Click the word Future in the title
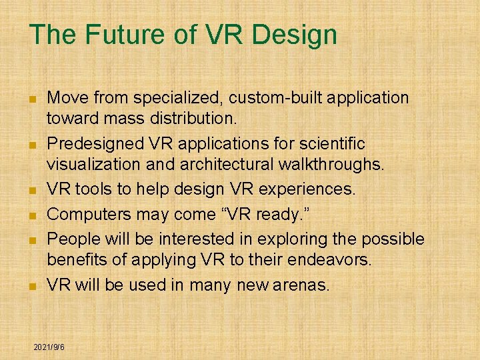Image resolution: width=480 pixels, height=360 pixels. (114, 35)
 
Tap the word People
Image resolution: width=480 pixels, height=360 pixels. (73, 239)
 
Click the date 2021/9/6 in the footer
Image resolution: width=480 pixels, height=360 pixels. (49, 348)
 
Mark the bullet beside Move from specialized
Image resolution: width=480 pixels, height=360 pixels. (31, 99)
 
